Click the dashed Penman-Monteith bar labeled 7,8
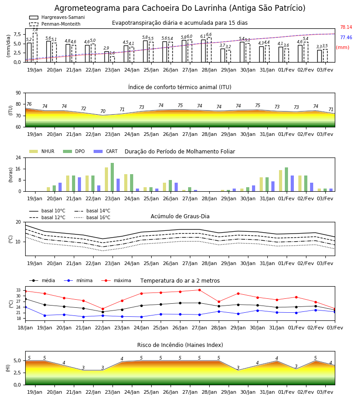(x=35, y=48)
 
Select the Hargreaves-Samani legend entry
(x=57, y=17)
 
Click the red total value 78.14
(x=346, y=27)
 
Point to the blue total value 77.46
(x=346, y=37)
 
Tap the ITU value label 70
(x=103, y=111)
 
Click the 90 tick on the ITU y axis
(x=18, y=93)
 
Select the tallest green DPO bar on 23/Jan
(x=112, y=177)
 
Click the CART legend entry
(x=106, y=151)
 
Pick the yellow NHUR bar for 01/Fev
(x=281, y=181)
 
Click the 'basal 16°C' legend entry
(x=92, y=218)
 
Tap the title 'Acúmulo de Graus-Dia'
(x=180, y=216)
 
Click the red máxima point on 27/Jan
(x=199, y=290)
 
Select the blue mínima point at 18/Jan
(x=26, y=307)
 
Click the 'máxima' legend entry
(x=116, y=280)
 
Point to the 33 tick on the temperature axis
(x=18, y=290)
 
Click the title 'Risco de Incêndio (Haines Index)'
(x=180, y=345)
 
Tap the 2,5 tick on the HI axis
(x=17, y=373)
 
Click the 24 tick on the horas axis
(x=18, y=157)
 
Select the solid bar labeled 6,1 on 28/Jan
(x=203, y=51)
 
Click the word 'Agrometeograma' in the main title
(x=88, y=8)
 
